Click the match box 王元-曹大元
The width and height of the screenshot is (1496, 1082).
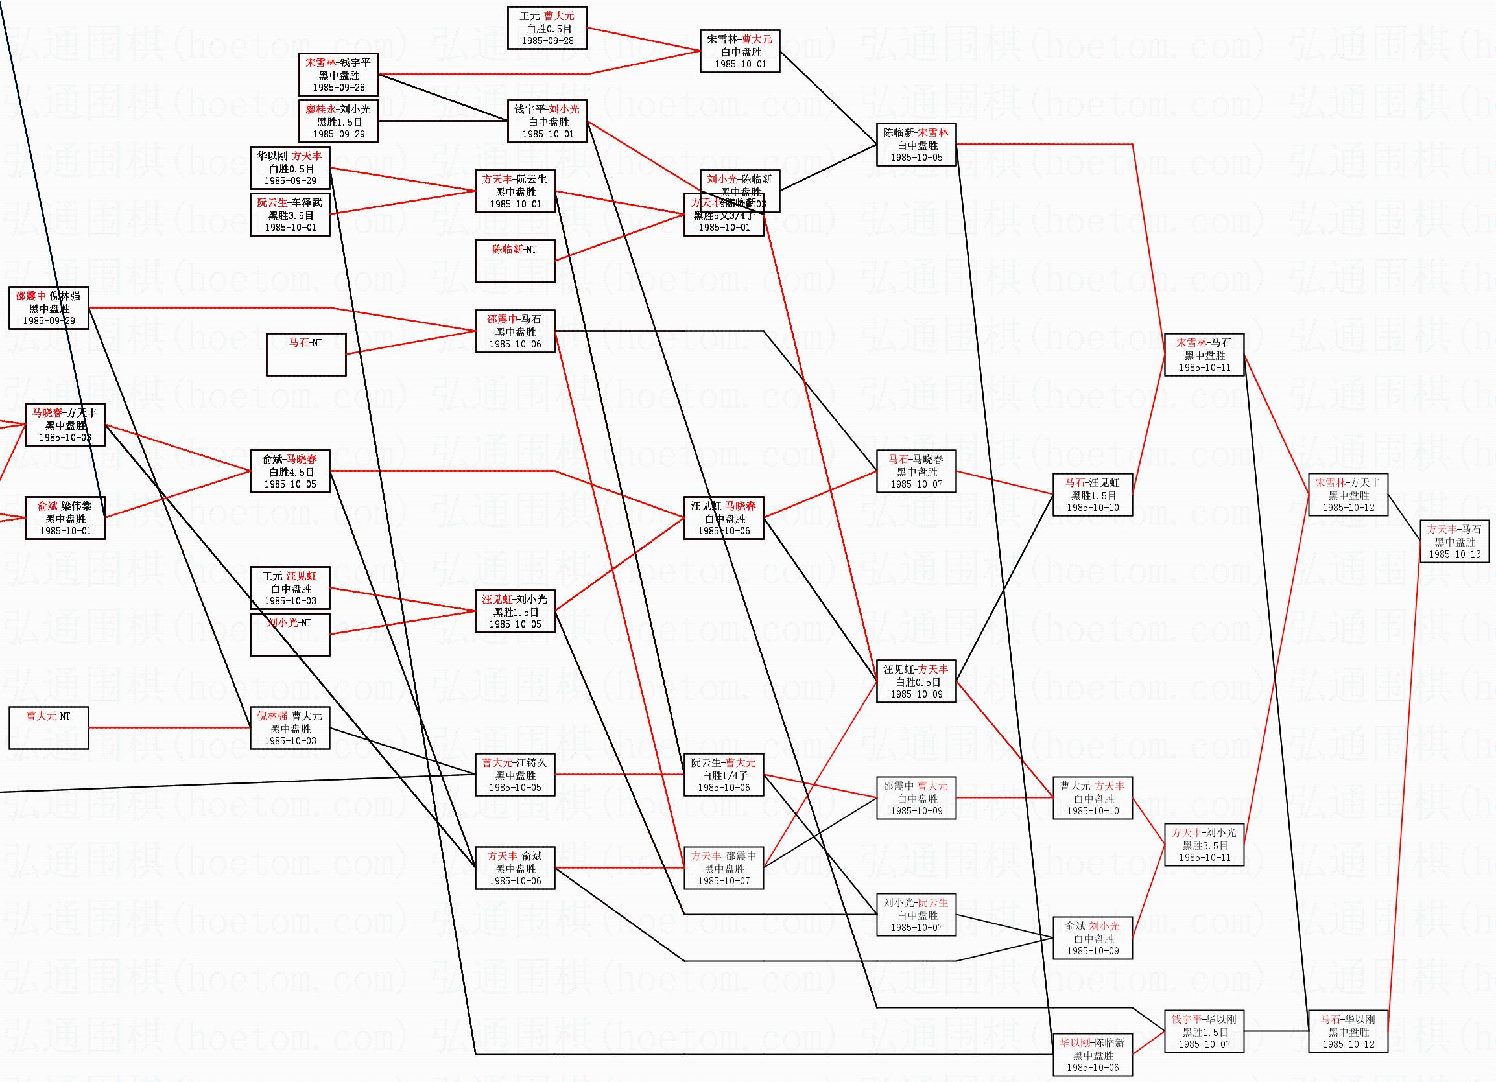547,28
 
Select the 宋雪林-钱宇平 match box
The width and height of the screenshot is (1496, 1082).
338,75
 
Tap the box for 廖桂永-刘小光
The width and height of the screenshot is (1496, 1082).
338,121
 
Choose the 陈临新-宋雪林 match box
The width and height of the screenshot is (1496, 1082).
916,145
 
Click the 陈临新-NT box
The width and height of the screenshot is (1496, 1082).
514,261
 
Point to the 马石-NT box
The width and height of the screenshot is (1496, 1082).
306,354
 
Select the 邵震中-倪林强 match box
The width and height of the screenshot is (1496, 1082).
48,308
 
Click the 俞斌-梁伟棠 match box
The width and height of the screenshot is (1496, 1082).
65,517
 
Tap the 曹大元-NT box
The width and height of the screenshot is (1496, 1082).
48,727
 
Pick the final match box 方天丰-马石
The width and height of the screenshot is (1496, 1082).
1454,541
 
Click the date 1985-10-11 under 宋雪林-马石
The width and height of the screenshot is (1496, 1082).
1204,368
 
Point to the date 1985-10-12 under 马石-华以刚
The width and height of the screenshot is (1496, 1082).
1348,1044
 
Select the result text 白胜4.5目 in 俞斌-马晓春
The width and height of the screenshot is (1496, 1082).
291,472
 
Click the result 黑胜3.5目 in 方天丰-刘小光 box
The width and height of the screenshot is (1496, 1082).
1204,845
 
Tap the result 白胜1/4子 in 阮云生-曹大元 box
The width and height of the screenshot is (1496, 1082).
724,775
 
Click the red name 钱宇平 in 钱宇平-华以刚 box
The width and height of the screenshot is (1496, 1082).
1186,1019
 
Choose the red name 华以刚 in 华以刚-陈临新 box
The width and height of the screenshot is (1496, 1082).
1075,1043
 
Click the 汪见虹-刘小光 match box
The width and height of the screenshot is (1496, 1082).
514,611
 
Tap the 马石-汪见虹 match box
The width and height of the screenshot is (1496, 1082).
1092,495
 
